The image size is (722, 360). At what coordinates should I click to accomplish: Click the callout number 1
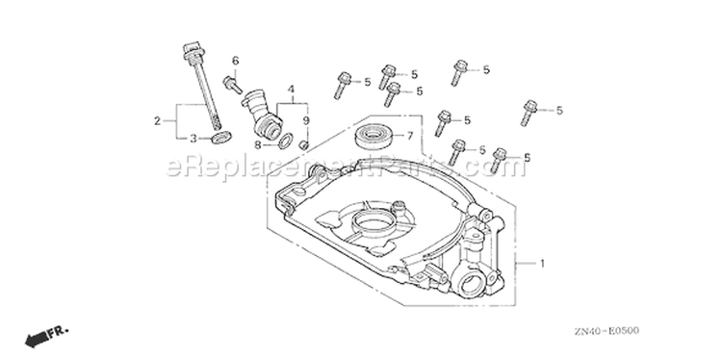pyautogui.click(x=542, y=264)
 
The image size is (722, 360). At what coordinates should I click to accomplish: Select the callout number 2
pyautogui.click(x=158, y=121)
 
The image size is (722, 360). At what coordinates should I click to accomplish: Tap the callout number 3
pyautogui.click(x=193, y=138)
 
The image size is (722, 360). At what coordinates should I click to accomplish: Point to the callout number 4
pyautogui.click(x=291, y=89)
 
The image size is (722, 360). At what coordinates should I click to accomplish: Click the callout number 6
pyautogui.click(x=235, y=61)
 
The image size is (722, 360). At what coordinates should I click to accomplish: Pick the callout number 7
pyautogui.click(x=409, y=136)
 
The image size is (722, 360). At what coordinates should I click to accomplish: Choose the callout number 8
pyautogui.click(x=258, y=145)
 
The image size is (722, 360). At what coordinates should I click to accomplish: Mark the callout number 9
pyautogui.click(x=306, y=120)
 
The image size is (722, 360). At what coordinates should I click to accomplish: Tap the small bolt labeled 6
pyautogui.click(x=233, y=85)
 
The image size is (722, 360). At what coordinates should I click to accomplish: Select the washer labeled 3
pyautogui.click(x=221, y=137)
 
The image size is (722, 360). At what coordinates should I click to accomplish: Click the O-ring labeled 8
pyautogui.click(x=285, y=140)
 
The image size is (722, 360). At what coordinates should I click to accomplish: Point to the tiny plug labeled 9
pyautogui.click(x=303, y=145)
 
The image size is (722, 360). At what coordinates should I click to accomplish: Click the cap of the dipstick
pyautogui.click(x=192, y=50)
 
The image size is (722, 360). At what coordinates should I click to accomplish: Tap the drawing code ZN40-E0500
pyautogui.click(x=606, y=331)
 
